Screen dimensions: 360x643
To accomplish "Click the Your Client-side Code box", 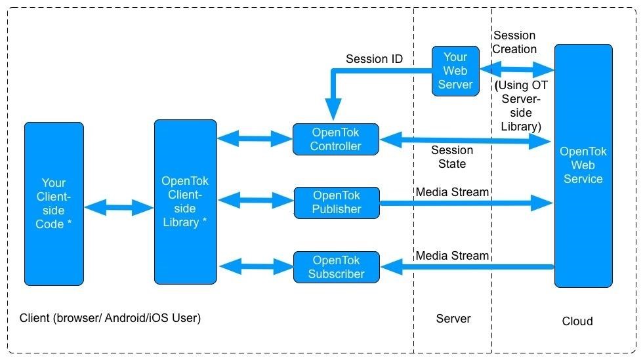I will coord(54,203).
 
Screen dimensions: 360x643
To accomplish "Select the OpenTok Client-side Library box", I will coord(185,202).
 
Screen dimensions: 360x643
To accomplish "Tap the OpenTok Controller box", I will coord(335,139).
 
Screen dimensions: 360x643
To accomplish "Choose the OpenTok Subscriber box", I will coord(336,267).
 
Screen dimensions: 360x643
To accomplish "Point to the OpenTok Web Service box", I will coord(583,165).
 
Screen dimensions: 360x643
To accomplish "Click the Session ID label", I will coord(374,59).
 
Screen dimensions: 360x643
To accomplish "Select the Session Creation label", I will coord(514,42).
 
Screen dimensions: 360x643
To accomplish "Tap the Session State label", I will coord(452,157).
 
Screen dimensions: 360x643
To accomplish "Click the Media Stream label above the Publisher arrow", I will coord(452,192).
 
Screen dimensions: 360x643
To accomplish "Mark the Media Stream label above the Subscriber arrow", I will coord(452,256).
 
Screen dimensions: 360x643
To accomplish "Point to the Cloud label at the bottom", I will coord(577,321).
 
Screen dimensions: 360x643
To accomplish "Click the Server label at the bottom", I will coord(453,319).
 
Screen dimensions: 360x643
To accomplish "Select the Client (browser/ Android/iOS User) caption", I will coord(110,318).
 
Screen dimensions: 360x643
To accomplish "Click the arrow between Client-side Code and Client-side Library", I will coord(119,208).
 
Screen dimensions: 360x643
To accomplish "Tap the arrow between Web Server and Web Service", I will coord(516,69).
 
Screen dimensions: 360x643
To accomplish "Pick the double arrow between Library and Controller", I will coord(254,138).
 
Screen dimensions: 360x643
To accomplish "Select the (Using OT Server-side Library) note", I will coord(521,106).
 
